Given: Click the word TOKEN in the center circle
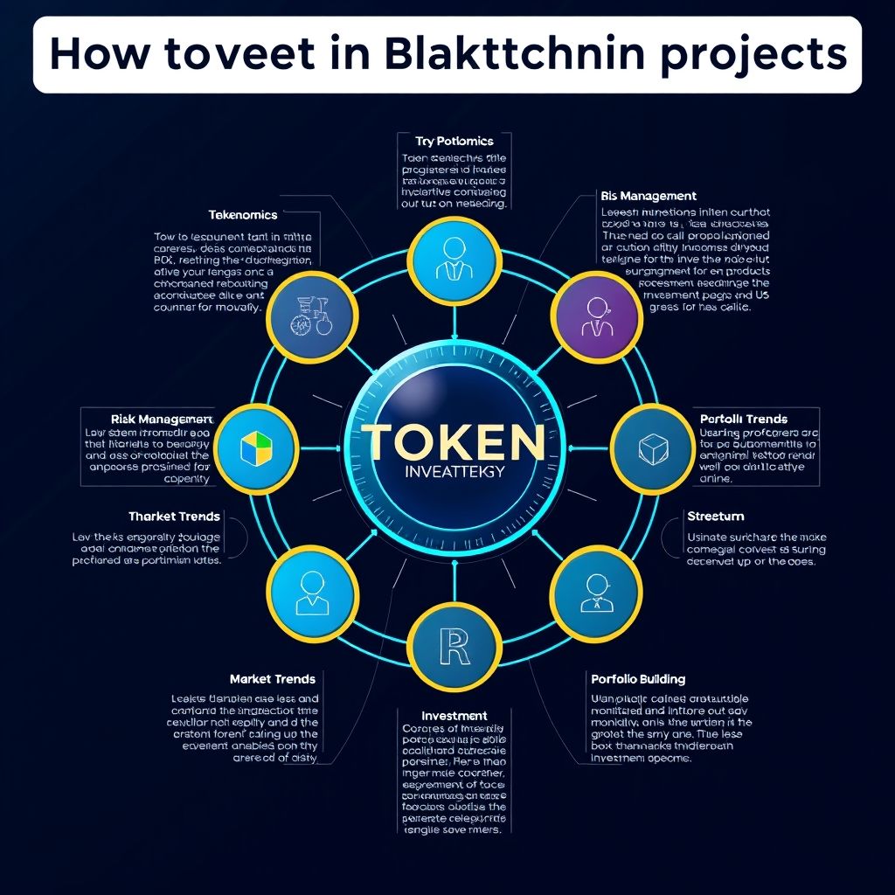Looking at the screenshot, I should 447,442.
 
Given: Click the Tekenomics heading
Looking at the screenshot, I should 243,214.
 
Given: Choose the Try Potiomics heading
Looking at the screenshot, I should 454,141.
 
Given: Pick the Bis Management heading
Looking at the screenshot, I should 649,196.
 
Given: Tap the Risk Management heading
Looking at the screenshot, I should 163,419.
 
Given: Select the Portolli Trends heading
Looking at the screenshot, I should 744,419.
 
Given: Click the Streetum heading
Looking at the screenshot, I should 716,517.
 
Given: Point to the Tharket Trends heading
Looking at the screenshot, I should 174,517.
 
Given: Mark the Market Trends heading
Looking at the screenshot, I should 273,678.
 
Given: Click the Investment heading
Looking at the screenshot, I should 454,715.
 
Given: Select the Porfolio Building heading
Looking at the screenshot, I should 638,678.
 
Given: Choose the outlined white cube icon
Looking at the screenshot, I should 652,449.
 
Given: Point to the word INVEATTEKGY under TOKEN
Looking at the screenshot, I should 447,473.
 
